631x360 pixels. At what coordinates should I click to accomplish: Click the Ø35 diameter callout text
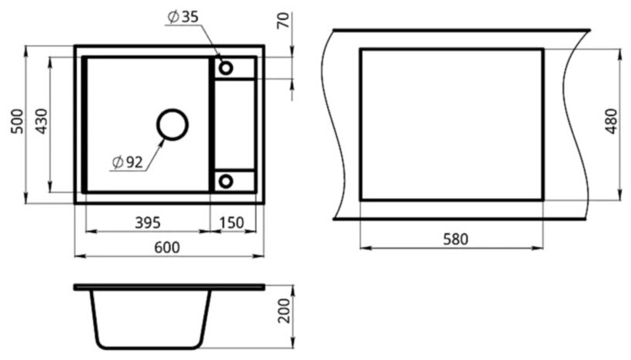(182, 17)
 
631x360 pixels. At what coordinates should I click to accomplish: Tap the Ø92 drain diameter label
(128, 162)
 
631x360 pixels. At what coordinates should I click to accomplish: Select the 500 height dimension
(18, 121)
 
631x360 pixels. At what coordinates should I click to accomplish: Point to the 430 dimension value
(42, 121)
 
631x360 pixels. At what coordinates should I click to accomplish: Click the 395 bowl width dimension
(148, 222)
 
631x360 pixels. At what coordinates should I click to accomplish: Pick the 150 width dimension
(232, 222)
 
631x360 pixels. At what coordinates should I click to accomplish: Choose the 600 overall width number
(167, 248)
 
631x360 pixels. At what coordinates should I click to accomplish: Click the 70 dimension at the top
(283, 21)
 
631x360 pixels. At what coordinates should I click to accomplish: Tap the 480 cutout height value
(611, 121)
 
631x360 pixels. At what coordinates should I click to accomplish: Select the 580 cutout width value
(456, 239)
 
